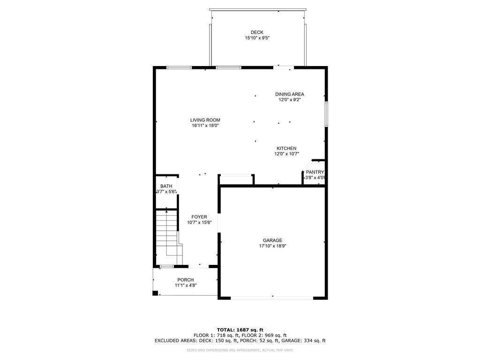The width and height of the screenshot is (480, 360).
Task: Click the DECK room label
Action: [x=257, y=32]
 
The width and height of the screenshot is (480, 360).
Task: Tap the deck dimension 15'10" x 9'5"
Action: [x=257, y=38]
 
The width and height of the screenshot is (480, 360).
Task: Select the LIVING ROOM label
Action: [x=205, y=120]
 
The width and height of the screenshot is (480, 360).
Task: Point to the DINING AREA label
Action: [x=289, y=94]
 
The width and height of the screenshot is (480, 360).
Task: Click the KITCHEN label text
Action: [x=286, y=149]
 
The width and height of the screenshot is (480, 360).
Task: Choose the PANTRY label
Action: [x=315, y=172]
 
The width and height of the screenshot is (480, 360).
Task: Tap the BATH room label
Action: [x=166, y=186]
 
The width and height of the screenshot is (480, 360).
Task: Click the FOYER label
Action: [x=199, y=217]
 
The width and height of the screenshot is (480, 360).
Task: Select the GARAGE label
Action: [x=272, y=240]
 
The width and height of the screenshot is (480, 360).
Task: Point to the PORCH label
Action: [x=185, y=280]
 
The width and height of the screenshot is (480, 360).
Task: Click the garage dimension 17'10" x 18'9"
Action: [x=272, y=246]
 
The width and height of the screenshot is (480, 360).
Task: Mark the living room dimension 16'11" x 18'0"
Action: [x=205, y=126]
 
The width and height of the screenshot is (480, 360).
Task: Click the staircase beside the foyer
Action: [x=167, y=237]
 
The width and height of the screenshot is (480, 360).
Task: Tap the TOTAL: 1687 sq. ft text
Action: [x=240, y=330]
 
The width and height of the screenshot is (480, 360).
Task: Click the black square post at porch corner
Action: [x=155, y=293]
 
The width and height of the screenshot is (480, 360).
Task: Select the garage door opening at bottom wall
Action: [x=272, y=298]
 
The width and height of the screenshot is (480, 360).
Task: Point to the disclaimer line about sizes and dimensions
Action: [x=240, y=350]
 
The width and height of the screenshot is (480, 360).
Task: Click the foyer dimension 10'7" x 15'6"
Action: [x=199, y=223]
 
